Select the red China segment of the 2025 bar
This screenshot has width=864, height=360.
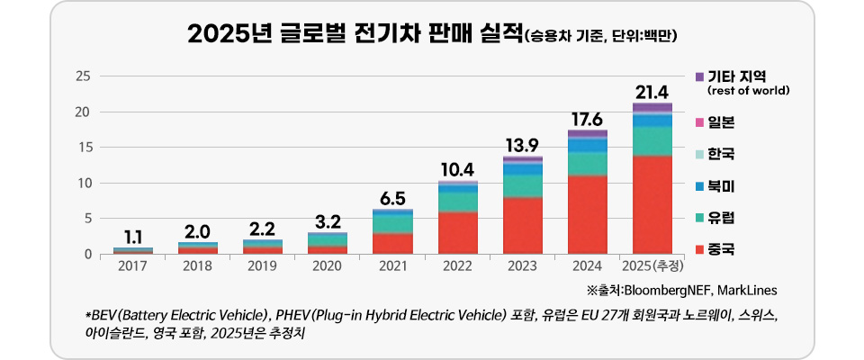[x=652, y=205]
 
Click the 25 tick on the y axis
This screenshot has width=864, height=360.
[x=84, y=76]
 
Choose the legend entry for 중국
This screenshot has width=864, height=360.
[x=720, y=247]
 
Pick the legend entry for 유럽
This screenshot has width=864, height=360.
[x=720, y=217]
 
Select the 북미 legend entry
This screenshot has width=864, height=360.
[x=720, y=186]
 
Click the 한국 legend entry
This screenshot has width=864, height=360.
[x=720, y=155]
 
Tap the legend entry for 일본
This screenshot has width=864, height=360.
[x=720, y=122]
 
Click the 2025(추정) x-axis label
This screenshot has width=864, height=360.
[x=652, y=266]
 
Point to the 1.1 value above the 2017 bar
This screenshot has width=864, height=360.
[x=132, y=237]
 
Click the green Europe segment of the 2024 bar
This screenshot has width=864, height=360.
[x=587, y=164]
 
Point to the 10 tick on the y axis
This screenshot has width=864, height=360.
[x=84, y=183]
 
